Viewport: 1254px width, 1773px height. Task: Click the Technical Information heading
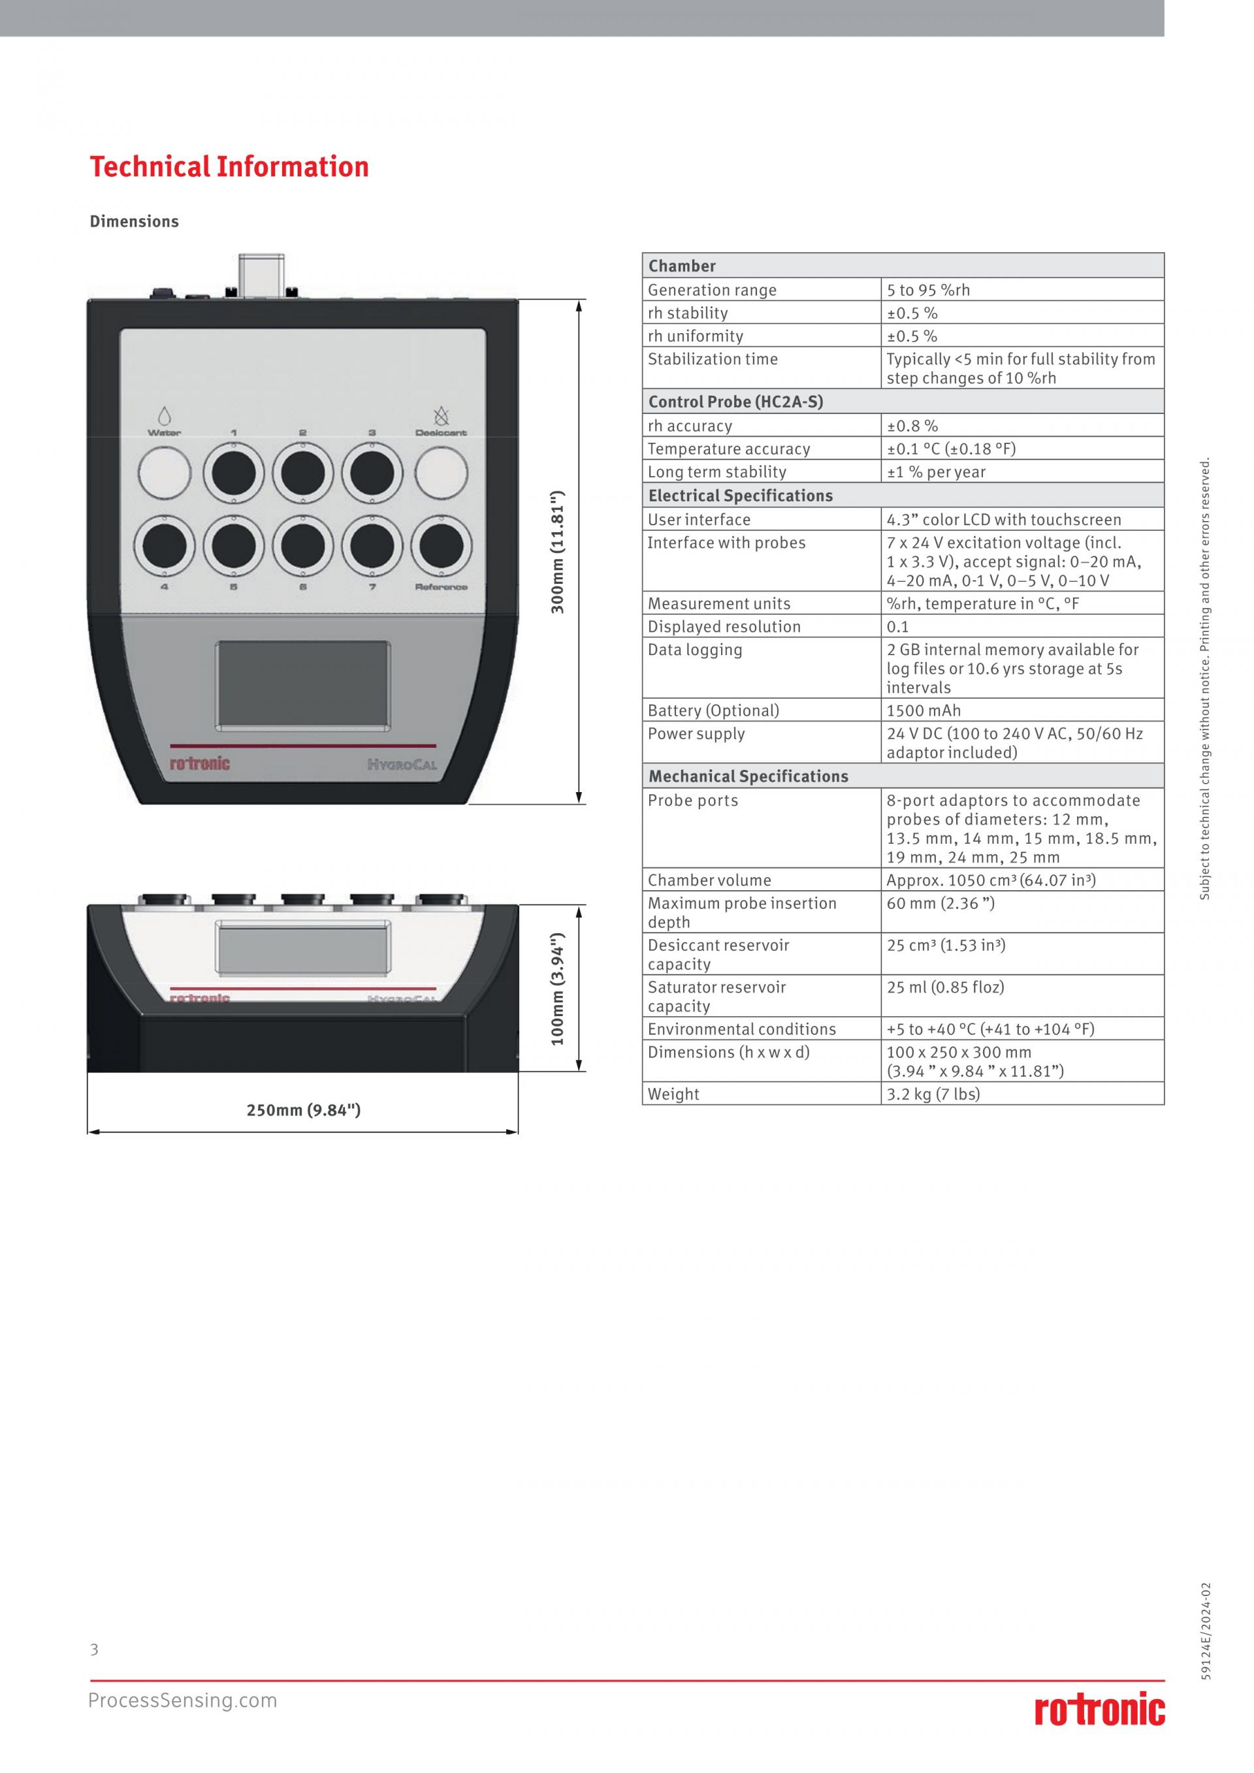coord(229,167)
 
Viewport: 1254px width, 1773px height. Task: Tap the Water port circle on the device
coord(165,473)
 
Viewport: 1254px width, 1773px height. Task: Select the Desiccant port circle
coord(442,473)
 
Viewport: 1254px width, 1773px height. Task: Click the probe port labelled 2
coord(302,473)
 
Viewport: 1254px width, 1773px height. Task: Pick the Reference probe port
coord(442,547)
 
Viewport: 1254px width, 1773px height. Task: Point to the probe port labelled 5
coord(234,547)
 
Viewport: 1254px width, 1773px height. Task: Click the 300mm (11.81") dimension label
coord(558,551)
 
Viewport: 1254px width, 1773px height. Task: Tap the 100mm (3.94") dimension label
coord(558,989)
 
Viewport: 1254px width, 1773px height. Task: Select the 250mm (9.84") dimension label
coord(304,1110)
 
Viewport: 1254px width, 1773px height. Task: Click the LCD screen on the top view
coord(302,684)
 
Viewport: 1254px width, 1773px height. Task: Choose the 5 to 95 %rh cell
coord(928,291)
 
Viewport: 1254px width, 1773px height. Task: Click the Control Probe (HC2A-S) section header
coord(736,402)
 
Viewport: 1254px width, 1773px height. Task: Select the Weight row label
coord(673,1094)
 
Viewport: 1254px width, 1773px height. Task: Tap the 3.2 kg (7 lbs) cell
coord(933,1094)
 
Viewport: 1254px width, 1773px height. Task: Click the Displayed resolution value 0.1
coord(898,627)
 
